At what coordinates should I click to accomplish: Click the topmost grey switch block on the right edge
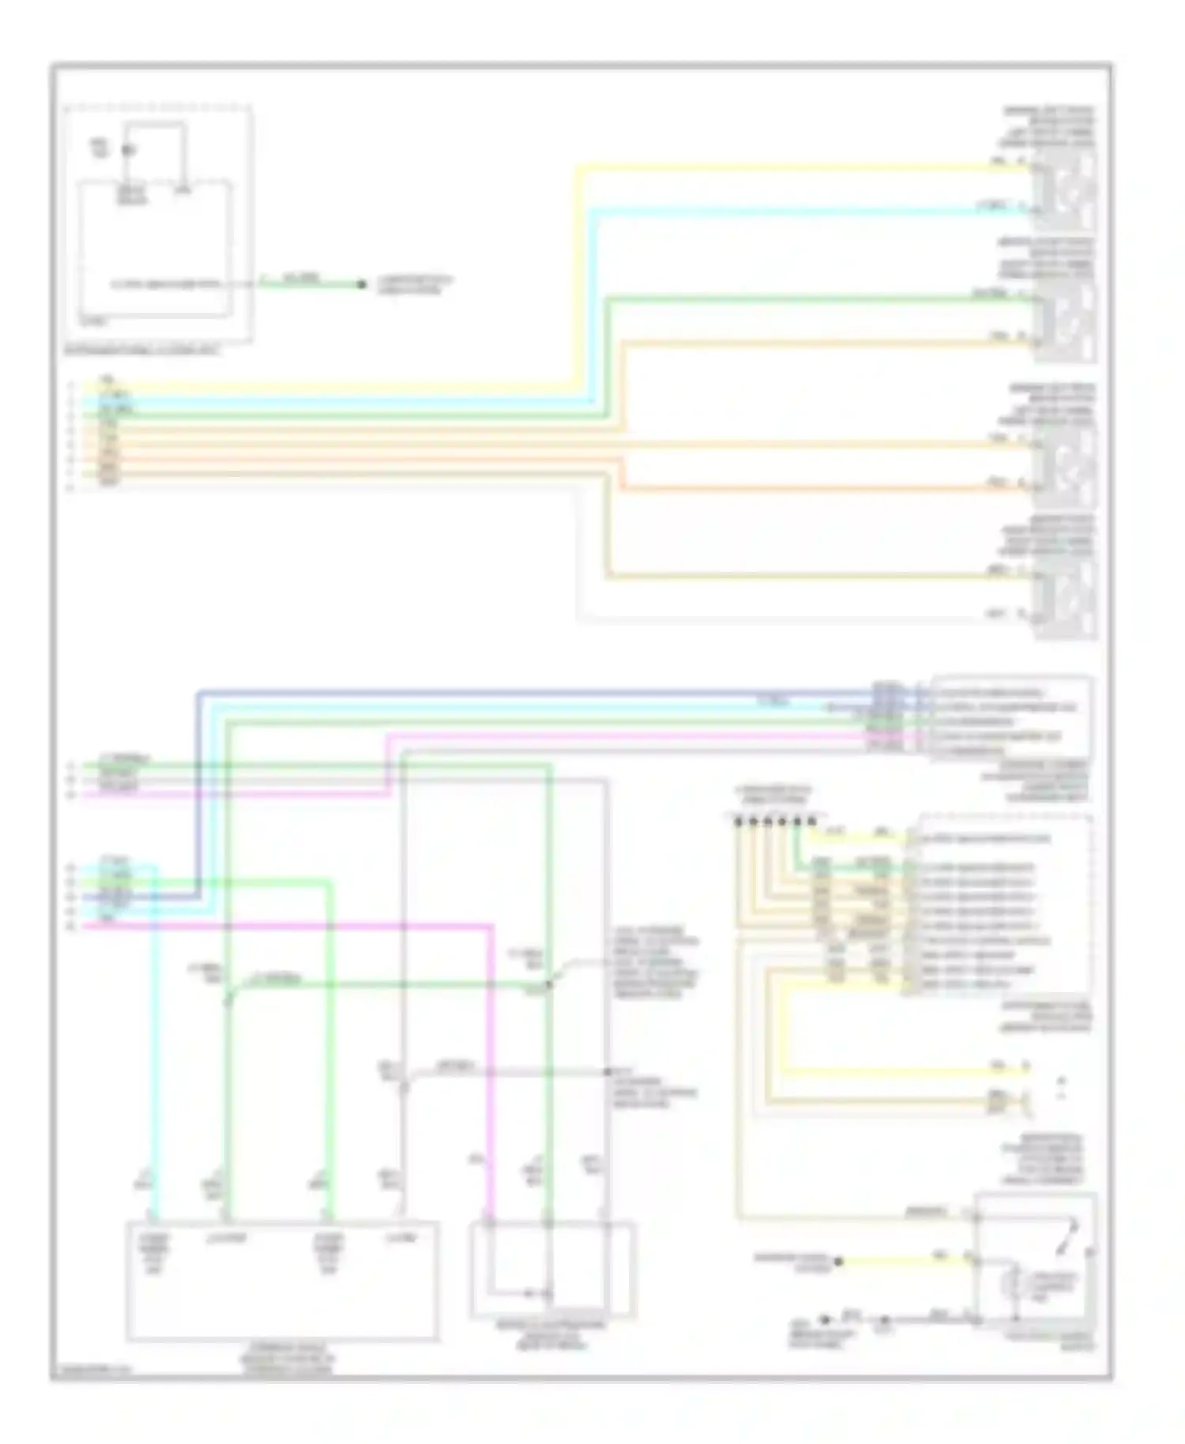1066,189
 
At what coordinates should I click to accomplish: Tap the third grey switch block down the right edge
1066,465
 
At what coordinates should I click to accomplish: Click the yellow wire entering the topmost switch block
790,167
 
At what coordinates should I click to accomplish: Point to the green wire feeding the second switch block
790,298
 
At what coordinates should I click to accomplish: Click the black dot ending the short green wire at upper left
362,284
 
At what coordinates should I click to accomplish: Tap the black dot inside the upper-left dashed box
128,149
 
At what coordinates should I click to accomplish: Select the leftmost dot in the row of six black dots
738,822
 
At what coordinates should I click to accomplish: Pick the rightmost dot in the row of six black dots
811,822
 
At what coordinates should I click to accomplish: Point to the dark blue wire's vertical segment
197,790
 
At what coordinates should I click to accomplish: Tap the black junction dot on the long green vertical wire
548,985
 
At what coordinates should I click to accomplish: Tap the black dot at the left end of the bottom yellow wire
839,1262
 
